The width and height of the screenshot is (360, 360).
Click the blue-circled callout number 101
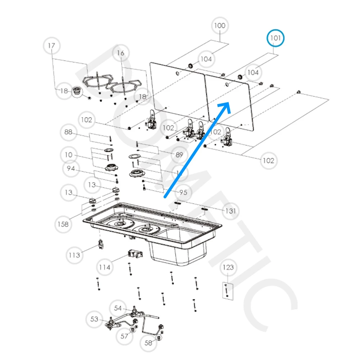pyautogui.click(x=275, y=38)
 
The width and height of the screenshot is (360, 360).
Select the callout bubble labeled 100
pyautogui.click(x=220, y=26)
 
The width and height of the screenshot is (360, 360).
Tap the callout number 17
pyautogui.click(x=51, y=46)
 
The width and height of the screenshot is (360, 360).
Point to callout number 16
pyautogui.click(x=120, y=53)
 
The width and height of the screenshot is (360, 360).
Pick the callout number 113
pyautogui.click(x=75, y=255)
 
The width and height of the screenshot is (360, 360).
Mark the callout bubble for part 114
pyautogui.click(x=105, y=267)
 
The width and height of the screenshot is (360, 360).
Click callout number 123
pyautogui.click(x=228, y=267)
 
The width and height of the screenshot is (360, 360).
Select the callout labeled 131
pyautogui.click(x=230, y=211)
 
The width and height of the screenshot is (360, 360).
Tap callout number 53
pyautogui.click(x=94, y=319)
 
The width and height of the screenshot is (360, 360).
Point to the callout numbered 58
pyautogui.click(x=149, y=343)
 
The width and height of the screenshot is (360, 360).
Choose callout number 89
pyautogui.click(x=179, y=155)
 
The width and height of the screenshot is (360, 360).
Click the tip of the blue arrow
pyautogui.click(x=229, y=103)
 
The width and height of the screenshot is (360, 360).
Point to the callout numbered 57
pyautogui.click(x=124, y=336)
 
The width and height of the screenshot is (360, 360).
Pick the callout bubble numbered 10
pyautogui.click(x=68, y=155)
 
